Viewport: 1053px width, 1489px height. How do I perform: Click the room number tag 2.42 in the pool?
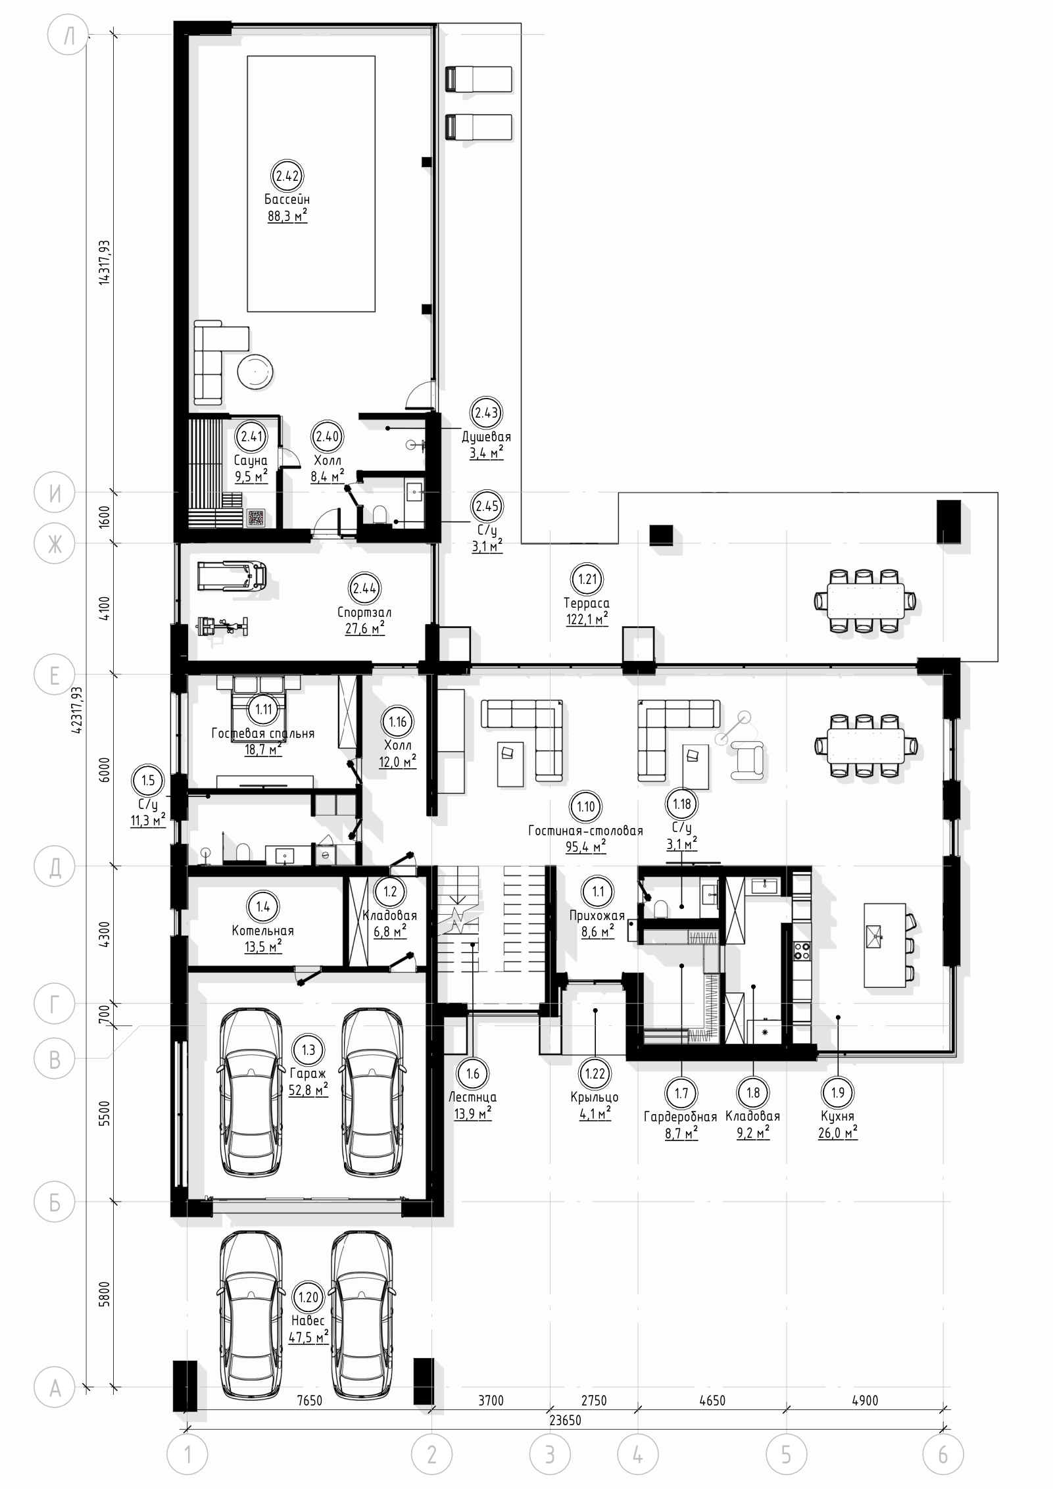pos(287,176)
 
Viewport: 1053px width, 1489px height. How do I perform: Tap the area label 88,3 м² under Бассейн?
pos(287,216)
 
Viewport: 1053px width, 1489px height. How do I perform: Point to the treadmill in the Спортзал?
pos(232,574)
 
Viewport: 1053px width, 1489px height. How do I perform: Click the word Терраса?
pos(587,603)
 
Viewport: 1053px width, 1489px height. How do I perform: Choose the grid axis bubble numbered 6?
pos(943,1454)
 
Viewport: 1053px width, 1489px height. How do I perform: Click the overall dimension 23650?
pos(565,1420)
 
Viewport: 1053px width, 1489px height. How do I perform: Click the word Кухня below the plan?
pos(837,1116)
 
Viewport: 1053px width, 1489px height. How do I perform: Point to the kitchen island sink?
pos(875,933)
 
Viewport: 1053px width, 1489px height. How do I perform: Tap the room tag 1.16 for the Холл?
pos(397,721)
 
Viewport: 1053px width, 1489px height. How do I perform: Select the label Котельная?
pos(262,931)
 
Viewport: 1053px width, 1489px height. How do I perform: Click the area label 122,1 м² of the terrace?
pos(587,619)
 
